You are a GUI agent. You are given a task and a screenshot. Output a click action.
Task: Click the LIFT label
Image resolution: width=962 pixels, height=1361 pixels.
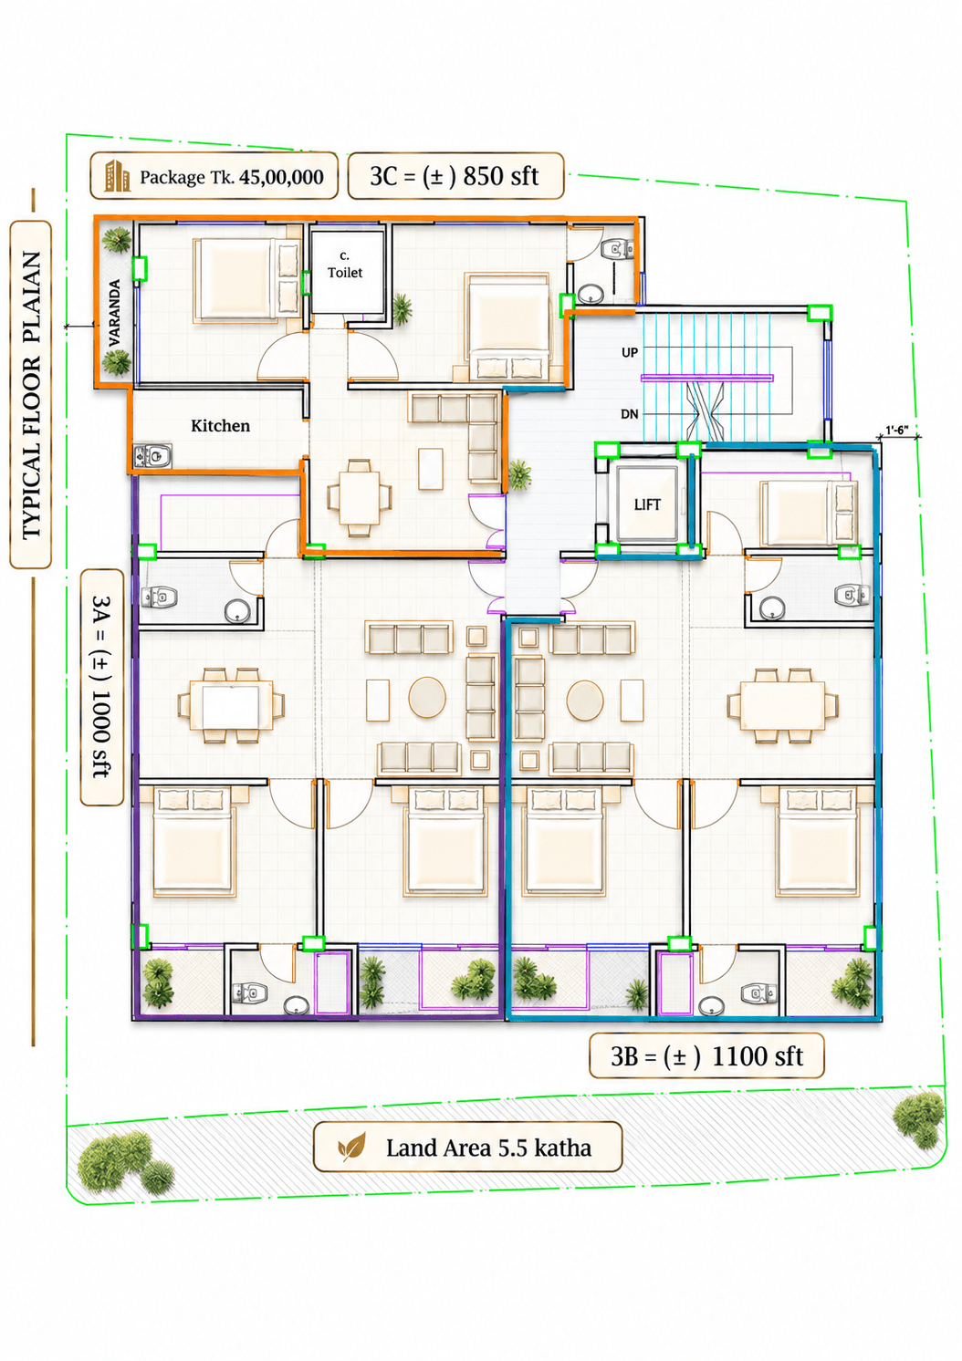point(646,504)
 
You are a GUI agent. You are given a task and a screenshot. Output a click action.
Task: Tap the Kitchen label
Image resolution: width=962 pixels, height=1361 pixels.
point(220,425)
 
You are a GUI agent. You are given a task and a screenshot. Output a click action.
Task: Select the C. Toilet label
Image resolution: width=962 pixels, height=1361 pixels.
point(345,265)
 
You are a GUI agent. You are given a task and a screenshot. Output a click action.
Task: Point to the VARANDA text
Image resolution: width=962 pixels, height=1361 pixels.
point(114,313)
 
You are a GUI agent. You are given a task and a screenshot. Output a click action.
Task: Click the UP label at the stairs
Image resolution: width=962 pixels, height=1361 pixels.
point(630,352)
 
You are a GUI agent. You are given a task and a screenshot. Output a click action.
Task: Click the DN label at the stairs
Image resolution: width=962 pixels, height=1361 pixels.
point(630,414)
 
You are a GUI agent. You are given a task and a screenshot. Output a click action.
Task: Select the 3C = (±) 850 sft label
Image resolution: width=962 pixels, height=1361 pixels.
point(455,176)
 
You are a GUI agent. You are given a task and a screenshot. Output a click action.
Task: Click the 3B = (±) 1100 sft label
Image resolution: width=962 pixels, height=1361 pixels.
point(706,1056)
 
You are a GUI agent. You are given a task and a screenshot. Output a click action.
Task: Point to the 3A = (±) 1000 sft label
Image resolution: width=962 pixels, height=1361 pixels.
point(101,687)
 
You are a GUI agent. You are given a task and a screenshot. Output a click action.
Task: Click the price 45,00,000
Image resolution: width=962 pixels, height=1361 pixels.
point(281,177)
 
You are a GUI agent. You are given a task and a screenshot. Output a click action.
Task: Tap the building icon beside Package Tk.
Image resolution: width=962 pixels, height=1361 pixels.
point(117,176)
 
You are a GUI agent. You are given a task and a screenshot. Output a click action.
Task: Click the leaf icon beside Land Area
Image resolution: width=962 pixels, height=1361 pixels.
point(351,1147)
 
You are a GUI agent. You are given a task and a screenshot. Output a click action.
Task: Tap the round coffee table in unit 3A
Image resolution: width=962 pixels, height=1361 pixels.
point(427,697)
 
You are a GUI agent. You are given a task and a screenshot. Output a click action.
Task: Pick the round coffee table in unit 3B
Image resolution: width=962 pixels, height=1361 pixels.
point(585,700)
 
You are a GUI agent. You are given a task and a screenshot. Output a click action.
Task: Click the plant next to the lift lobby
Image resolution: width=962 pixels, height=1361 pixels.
point(519,474)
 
